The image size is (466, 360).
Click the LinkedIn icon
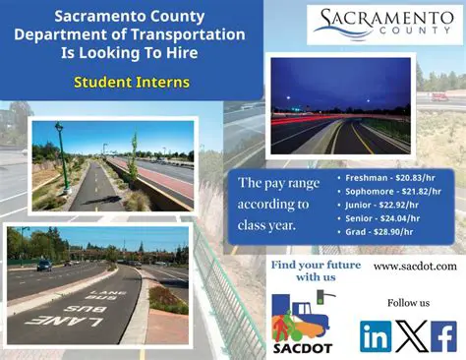pos(376,335)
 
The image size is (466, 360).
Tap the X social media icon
pos(410,335)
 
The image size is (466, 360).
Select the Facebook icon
pos(443,335)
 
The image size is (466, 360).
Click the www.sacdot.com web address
pos(415,266)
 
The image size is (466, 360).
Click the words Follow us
pos(408,302)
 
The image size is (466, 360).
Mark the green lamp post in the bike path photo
pos(61,157)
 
